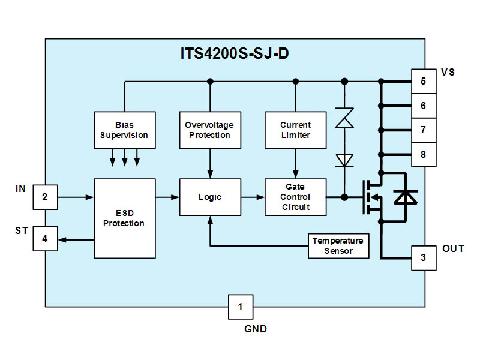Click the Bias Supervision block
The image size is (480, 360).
(x=125, y=130)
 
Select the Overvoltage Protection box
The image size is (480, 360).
(x=210, y=130)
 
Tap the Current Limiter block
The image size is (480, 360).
(x=295, y=130)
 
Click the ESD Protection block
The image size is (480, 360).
(x=125, y=218)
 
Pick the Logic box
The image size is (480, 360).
(x=210, y=197)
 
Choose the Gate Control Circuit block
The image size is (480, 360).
(x=295, y=197)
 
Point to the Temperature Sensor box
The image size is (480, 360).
(x=338, y=246)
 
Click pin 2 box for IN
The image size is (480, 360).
(x=45, y=197)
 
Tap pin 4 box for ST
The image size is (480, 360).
(x=45, y=239)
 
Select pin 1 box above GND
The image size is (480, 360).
(x=241, y=307)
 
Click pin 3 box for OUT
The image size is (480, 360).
(x=424, y=258)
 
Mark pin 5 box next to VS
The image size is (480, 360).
(x=424, y=81)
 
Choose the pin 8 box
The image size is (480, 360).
(x=424, y=154)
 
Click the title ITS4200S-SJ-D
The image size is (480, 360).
(x=235, y=53)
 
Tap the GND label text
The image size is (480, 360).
(x=256, y=329)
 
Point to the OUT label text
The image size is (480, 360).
(x=453, y=248)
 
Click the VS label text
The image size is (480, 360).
(x=448, y=72)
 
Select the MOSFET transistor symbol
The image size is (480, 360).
(x=373, y=197)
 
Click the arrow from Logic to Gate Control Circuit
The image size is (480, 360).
(x=253, y=197)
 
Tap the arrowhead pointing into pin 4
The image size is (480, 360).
(x=62, y=239)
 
